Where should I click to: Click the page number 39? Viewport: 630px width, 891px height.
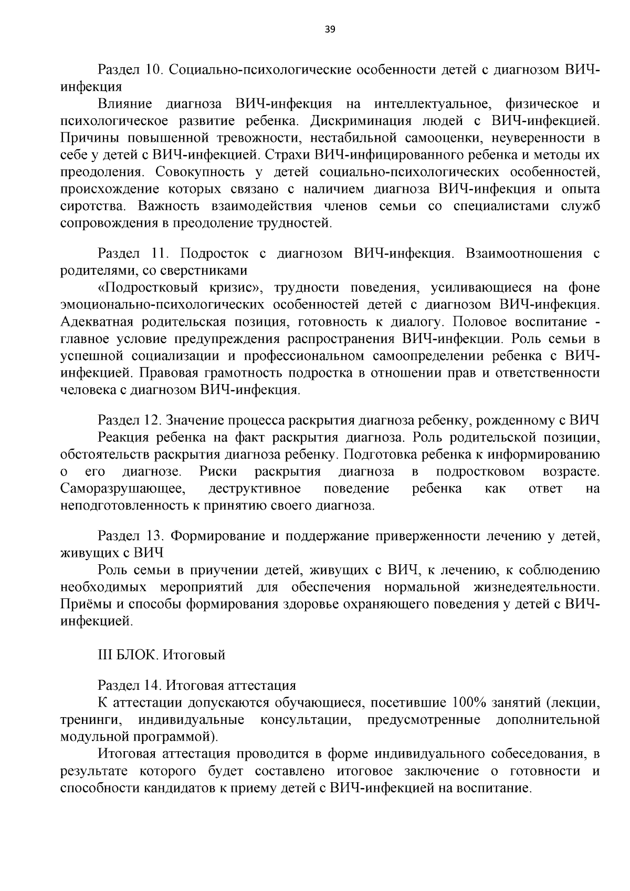click(330, 29)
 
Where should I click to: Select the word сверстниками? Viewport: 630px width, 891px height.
click(209, 271)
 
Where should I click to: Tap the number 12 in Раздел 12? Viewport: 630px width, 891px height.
click(153, 421)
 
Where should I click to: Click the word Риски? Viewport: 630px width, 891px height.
click(218, 472)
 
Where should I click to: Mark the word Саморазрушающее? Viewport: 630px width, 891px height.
click(123, 489)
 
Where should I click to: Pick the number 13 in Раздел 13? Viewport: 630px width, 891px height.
click(153, 536)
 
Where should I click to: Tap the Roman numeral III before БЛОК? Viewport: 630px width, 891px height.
click(105, 655)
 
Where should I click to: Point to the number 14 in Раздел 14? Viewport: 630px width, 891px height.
click(153, 686)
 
